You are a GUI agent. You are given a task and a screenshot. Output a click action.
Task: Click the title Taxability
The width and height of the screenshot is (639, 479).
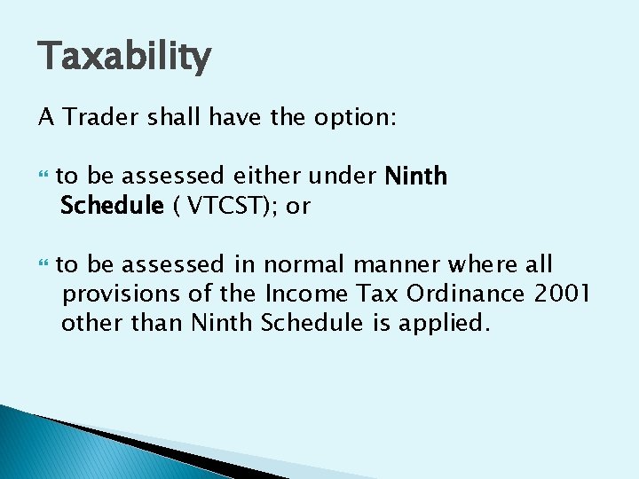click(124, 58)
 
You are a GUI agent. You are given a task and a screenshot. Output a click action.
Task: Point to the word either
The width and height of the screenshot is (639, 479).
click(268, 177)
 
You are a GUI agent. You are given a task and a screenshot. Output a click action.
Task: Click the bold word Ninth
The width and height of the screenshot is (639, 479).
click(416, 177)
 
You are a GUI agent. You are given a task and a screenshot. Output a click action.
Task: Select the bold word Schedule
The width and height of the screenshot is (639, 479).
click(112, 207)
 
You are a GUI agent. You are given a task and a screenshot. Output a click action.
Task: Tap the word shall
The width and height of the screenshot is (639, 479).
click(170, 117)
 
